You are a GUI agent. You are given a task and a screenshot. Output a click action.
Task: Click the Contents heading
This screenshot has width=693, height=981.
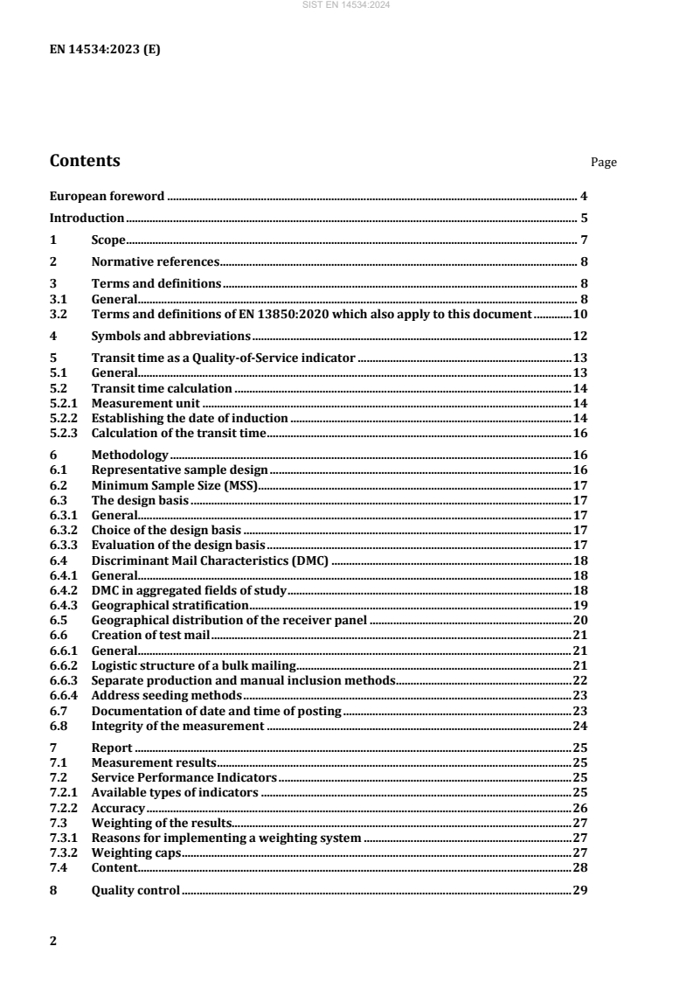click(85, 161)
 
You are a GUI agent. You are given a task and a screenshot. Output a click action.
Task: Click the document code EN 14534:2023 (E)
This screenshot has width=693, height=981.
click(105, 49)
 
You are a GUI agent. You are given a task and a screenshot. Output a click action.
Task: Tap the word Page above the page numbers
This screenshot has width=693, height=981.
click(604, 163)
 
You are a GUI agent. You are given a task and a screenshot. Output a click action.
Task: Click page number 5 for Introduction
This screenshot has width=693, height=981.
click(584, 219)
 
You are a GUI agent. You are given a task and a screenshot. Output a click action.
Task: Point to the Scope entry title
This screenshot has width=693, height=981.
click(109, 240)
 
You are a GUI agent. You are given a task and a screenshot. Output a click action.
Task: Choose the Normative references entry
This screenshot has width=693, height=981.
click(155, 261)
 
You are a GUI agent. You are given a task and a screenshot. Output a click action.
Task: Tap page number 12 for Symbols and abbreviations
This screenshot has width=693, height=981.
click(579, 336)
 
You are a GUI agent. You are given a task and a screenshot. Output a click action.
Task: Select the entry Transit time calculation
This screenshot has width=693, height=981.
click(162, 387)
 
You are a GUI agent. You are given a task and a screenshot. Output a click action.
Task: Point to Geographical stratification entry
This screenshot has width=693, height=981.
click(170, 605)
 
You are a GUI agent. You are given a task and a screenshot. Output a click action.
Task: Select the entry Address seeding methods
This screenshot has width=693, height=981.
click(166, 695)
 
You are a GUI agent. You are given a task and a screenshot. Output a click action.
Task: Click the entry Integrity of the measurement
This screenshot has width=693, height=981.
click(177, 726)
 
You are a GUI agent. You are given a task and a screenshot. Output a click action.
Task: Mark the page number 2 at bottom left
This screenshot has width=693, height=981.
click(53, 941)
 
